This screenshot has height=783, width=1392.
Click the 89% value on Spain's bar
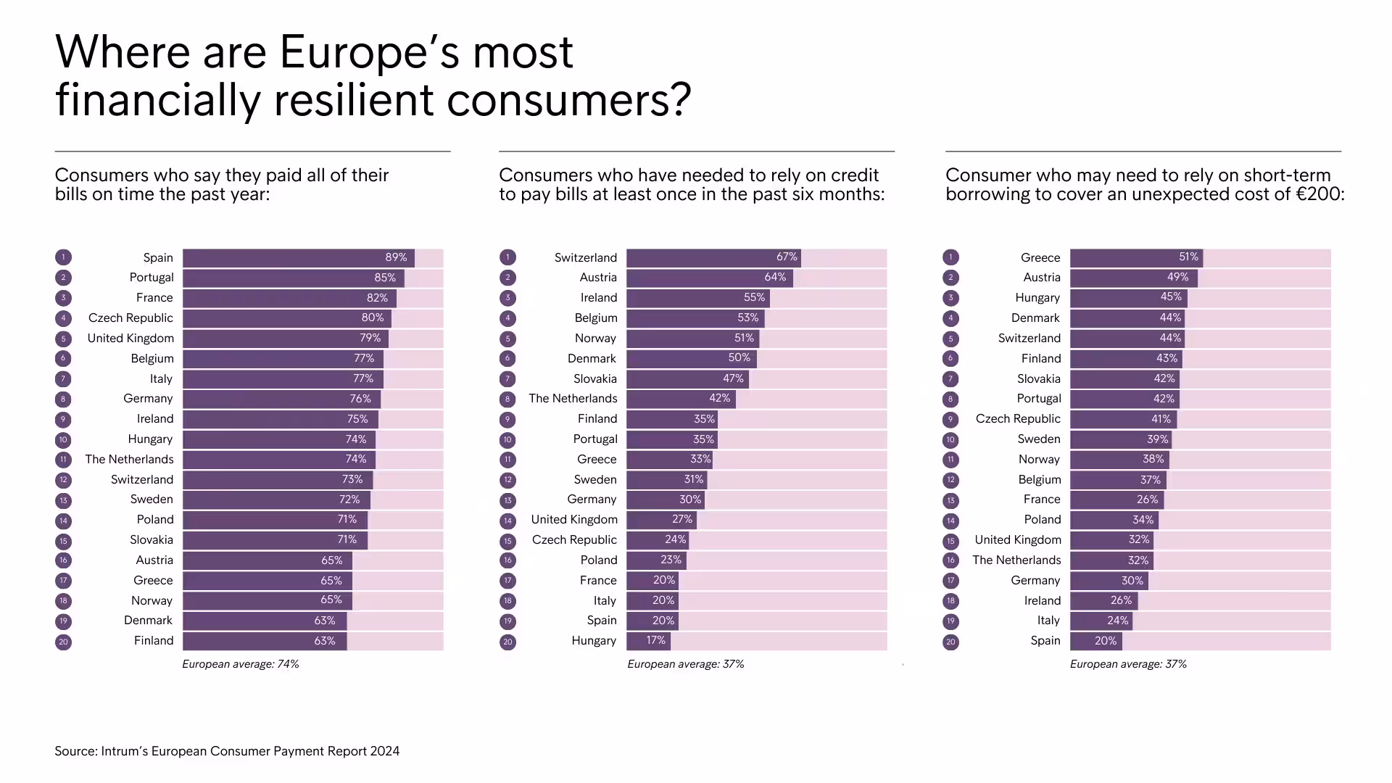coord(396,257)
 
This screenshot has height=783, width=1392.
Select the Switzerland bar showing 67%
coord(713,257)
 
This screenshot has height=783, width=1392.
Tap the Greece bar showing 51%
coord(1136,257)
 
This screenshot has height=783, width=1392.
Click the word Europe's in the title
coord(368,52)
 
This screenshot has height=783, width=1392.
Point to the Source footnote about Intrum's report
coord(227,751)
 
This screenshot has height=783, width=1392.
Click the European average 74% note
coord(241,664)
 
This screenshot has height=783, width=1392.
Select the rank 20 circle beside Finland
coord(63,642)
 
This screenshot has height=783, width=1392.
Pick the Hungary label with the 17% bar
coord(594,641)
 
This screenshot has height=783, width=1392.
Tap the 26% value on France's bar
coord(1147,500)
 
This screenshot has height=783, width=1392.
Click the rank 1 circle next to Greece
coord(950,257)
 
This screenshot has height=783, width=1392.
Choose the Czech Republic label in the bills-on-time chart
coord(130,318)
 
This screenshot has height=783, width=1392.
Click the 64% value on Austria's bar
coord(774,278)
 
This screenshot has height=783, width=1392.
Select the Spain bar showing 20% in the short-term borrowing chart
coord(1095,642)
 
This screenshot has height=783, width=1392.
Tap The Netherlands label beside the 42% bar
coord(573,399)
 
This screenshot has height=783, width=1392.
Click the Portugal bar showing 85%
coord(293,278)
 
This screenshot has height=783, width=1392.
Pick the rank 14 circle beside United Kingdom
coord(507,521)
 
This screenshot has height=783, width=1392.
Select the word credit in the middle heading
coord(853,175)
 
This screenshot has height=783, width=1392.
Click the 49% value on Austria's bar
coord(1177,278)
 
